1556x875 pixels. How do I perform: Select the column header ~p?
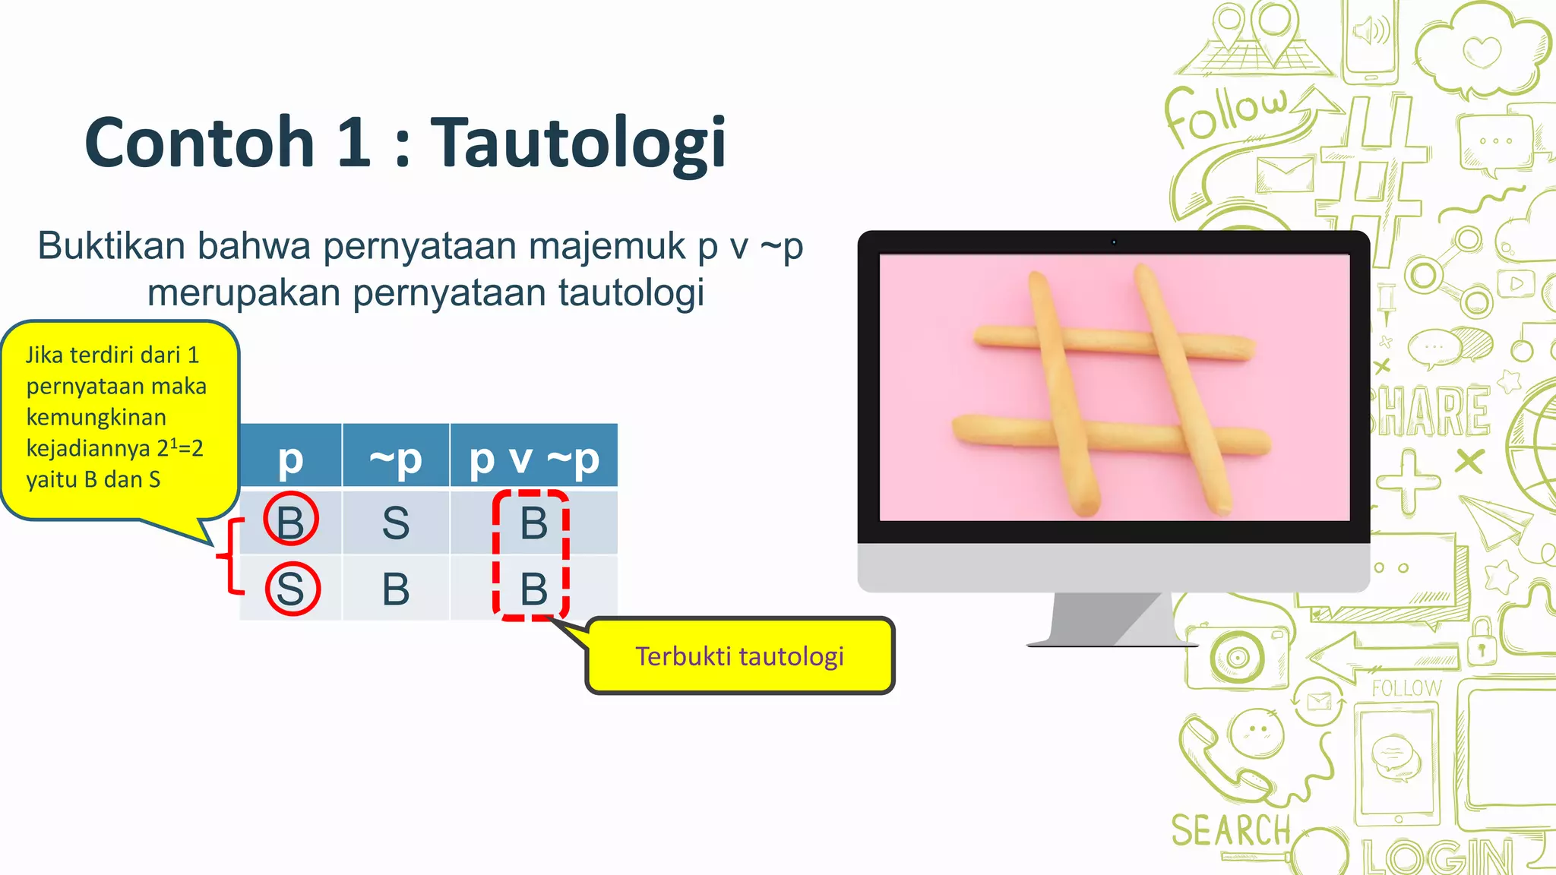click(395, 458)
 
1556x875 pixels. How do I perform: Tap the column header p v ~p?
click(533, 458)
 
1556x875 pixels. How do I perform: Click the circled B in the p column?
click(290, 521)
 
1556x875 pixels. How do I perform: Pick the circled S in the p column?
click(292, 589)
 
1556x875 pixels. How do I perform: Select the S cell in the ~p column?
click(395, 523)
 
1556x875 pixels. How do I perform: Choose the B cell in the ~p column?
click(395, 589)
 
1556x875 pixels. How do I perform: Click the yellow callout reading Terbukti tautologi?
click(739, 656)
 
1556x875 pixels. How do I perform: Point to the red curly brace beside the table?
click(228, 556)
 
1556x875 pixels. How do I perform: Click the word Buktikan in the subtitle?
click(111, 246)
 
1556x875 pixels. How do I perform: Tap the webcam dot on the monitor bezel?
click(1114, 242)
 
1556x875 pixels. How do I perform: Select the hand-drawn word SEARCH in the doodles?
click(1231, 829)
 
